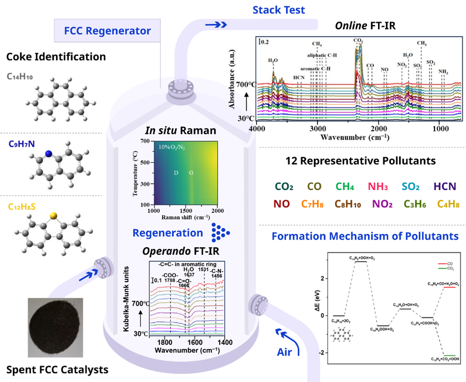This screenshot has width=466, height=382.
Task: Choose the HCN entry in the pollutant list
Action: [444, 187]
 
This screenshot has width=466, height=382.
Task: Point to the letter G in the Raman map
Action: [190, 173]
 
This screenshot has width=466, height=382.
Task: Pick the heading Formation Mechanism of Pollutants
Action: [365, 236]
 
